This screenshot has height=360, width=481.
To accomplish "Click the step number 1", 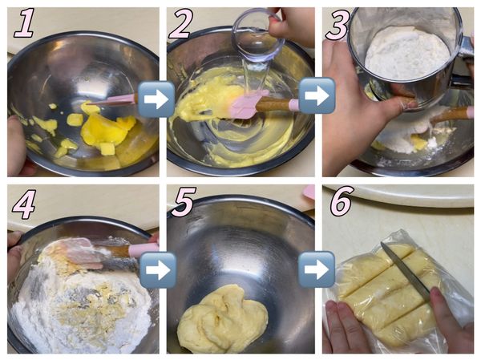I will [x=25, y=23].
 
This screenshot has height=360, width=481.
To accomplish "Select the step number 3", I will [x=338, y=25].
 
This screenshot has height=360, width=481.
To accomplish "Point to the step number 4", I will [x=24, y=204].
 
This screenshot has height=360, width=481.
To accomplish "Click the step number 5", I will [x=184, y=202].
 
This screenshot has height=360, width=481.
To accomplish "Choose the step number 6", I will [x=342, y=203].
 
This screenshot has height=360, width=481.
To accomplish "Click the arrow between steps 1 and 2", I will [x=156, y=99].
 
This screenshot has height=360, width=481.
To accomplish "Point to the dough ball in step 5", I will [x=223, y=318].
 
